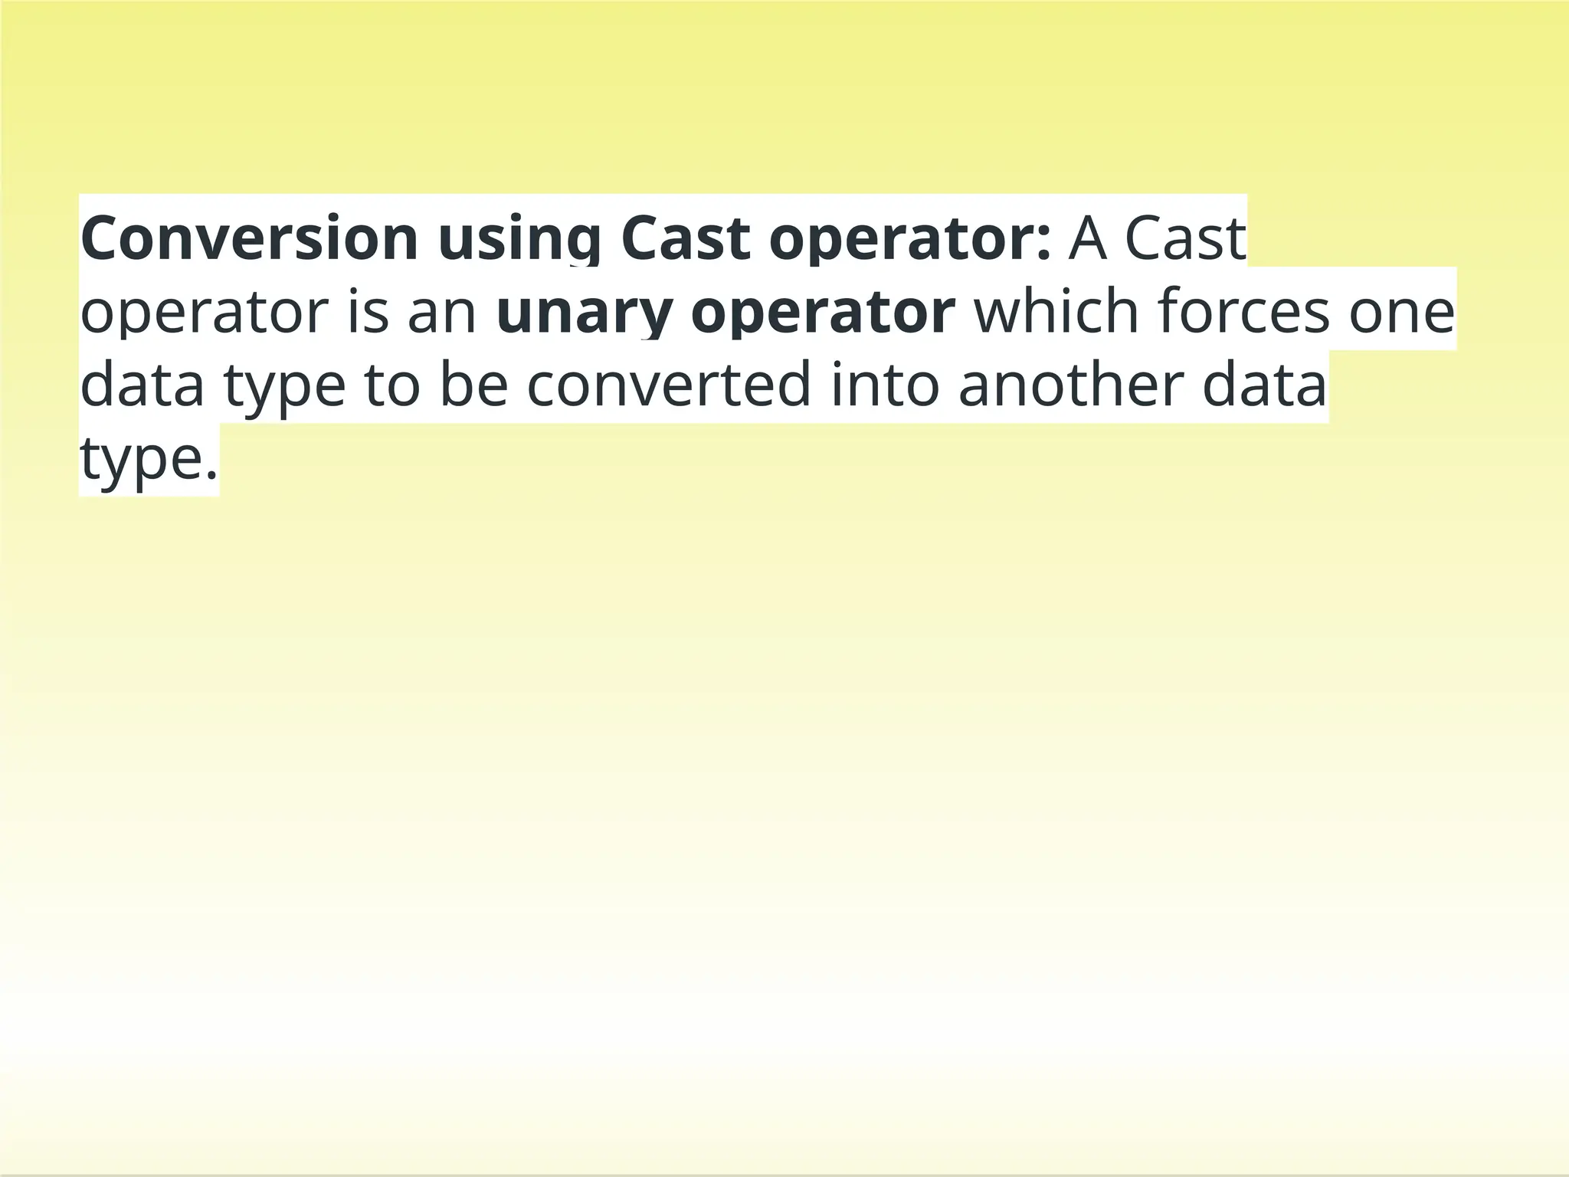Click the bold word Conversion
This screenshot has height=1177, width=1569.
[249, 239]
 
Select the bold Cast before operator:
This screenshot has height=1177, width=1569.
[685, 239]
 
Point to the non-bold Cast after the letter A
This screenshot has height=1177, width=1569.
[1185, 239]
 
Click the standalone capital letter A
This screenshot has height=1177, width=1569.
[1088, 239]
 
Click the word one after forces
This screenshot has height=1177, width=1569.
[1401, 313]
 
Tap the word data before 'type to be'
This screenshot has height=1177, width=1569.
[142, 385]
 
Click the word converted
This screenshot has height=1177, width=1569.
[669, 385]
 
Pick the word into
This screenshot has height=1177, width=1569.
[885, 385]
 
